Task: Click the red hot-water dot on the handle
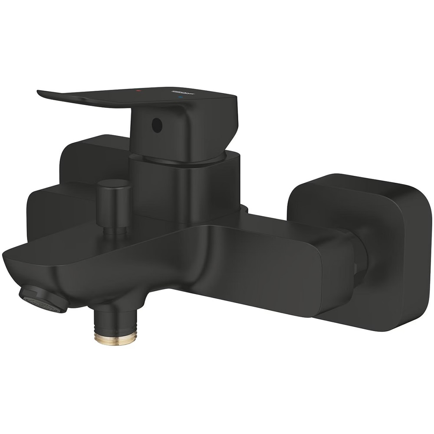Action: (138, 92)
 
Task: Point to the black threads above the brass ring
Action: (115, 323)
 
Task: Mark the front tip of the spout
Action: (9, 260)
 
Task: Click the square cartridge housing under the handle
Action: (184, 187)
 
